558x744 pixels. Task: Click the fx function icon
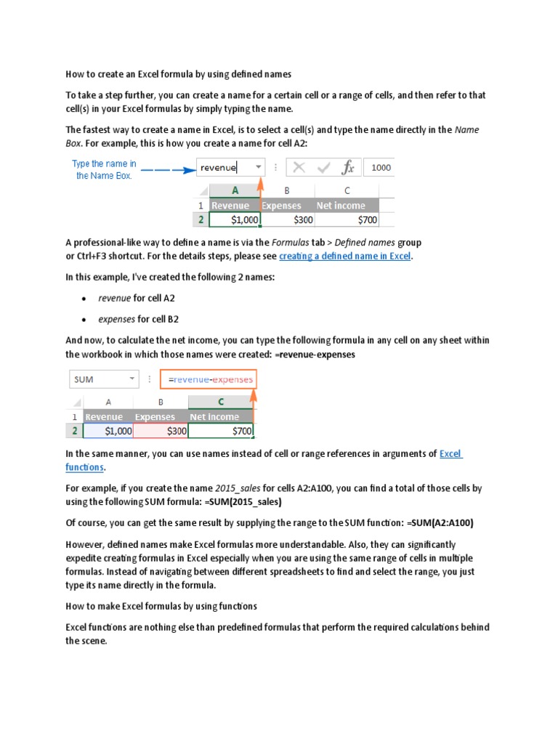point(348,168)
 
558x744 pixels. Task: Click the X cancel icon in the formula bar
point(299,168)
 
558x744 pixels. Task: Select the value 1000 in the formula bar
point(381,168)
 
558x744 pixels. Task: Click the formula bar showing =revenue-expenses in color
point(210,379)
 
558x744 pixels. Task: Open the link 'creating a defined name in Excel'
point(345,256)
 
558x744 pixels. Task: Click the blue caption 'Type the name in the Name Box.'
point(104,170)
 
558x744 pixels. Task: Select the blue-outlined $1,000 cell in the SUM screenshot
point(109,431)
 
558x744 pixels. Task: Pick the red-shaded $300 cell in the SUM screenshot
point(161,431)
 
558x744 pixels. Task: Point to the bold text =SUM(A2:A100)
point(445,523)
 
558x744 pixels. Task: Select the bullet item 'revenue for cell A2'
point(137,298)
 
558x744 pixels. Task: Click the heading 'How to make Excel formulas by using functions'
point(161,606)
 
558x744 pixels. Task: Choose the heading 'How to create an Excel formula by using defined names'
point(178,74)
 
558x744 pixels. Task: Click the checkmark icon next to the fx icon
point(324,168)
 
